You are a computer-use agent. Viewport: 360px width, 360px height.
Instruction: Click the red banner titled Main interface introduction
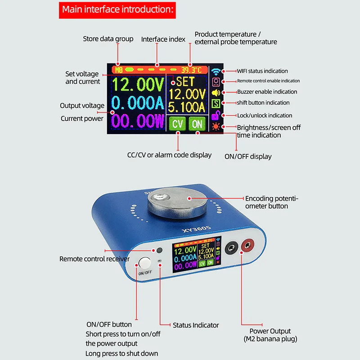point(117,9)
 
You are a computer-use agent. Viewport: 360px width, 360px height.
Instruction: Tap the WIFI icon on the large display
point(216,71)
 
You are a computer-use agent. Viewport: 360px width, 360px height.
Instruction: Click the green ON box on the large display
point(196,123)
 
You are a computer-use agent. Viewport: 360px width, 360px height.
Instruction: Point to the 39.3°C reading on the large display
point(191,70)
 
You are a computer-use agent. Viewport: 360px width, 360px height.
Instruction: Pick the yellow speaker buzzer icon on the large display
point(216,92)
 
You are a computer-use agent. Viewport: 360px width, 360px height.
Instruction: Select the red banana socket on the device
point(247,247)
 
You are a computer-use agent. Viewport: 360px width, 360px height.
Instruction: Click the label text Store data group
point(108,39)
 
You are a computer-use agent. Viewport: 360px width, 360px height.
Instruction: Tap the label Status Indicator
point(196,325)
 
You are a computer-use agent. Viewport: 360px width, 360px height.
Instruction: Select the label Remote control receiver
point(94,259)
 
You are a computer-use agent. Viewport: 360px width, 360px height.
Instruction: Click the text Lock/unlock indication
point(265,116)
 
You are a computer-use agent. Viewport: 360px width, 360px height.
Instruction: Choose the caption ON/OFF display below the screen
point(248,157)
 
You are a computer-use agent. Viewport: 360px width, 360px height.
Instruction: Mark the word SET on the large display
point(185,82)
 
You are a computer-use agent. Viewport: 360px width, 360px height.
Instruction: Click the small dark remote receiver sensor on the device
point(159,250)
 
